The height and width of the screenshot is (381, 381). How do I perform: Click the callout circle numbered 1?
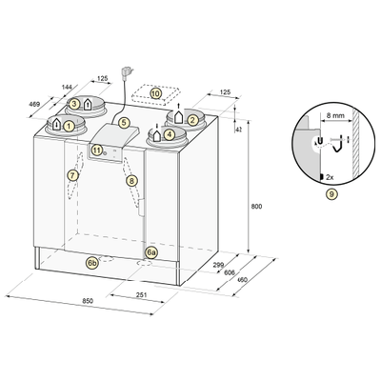tap(69, 127)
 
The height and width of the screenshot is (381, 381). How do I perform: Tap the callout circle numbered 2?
tap(191, 120)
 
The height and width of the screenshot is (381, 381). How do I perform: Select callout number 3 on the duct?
tap(74, 104)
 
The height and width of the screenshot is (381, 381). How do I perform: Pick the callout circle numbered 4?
tap(170, 134)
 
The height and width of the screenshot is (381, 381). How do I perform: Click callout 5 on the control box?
tap(124, 123)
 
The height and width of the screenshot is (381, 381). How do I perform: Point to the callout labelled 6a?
tap(151, 252)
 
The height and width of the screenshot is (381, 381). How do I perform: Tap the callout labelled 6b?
tap(92, 263)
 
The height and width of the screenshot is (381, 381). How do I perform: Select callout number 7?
tap(73, 175)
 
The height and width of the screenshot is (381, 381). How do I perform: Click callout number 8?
tap(131, 181)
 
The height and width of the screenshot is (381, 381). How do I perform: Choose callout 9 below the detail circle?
tap(331, 194)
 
